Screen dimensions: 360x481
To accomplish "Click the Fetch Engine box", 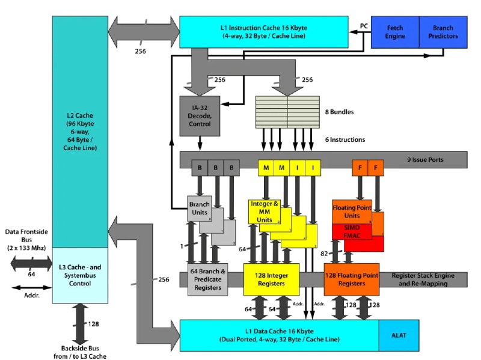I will pos(395,32).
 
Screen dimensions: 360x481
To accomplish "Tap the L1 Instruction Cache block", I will pos(264,31).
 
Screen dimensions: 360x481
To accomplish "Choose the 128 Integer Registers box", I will pos(271,279).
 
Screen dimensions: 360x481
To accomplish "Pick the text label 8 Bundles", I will pos(340,112).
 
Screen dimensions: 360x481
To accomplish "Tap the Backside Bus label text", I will pos(81,352).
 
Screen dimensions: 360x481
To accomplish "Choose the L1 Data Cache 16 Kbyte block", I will pos(279,335).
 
